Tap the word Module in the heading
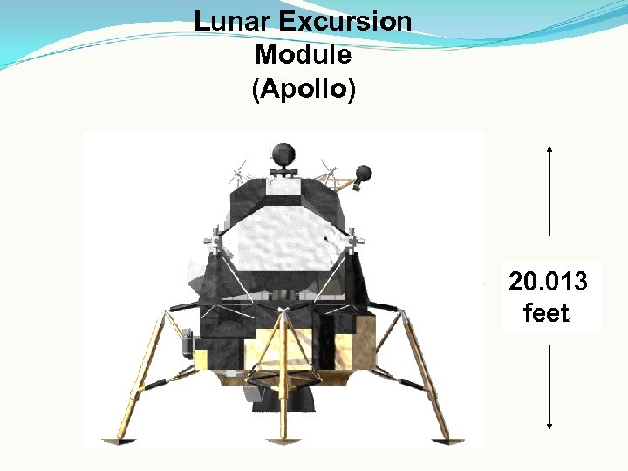tap(304, 55)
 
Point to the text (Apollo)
tap(304, 90)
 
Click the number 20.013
tap(548, 283)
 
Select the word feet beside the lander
tap(546, 312)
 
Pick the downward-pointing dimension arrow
tap(549, 388)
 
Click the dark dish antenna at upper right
tap(363, 173)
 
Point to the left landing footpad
tap(117, 438)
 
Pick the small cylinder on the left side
tap(186, 342)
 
